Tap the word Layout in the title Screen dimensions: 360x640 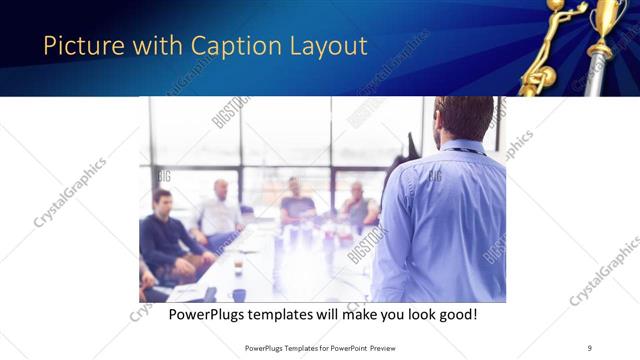(x=328, y=45)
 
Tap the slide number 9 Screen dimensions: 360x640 (x=590, y=348)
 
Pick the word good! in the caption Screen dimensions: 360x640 (x=455, y=314)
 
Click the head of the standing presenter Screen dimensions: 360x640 (x=462, y=116)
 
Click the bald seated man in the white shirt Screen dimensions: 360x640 (x=219, y=211)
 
